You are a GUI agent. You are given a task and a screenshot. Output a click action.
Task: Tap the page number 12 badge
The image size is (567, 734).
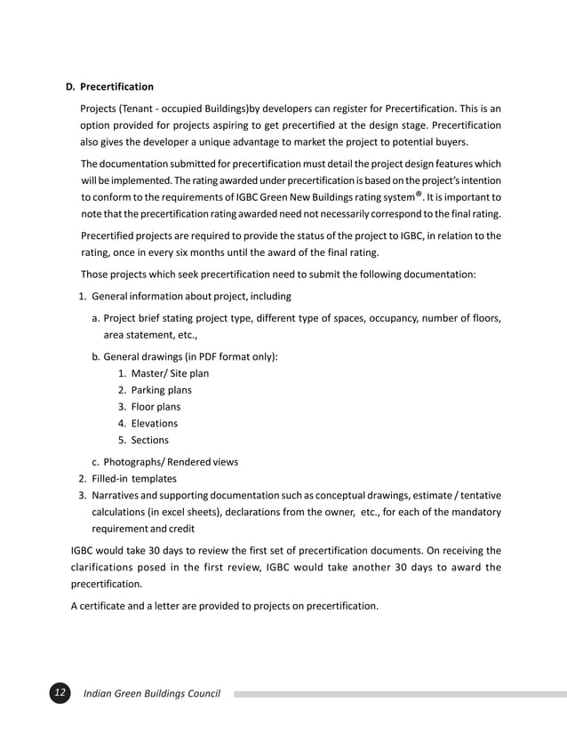pos(60,693)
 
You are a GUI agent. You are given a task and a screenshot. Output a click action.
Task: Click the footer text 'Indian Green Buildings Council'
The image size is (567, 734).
pos(152,693)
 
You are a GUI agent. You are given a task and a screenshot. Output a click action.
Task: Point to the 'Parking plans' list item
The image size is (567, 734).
pos(161,390)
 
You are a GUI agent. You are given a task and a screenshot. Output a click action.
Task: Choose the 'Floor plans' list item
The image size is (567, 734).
pos(156,407)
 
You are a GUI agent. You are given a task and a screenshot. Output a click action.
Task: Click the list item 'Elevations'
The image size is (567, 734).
pos(154,423)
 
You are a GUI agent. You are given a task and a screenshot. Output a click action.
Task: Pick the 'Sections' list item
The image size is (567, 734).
pos(149,440)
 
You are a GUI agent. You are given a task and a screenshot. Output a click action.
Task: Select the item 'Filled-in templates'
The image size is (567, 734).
pos(134,478)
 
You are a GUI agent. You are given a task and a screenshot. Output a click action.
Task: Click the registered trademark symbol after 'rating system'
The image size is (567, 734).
pos(427,194)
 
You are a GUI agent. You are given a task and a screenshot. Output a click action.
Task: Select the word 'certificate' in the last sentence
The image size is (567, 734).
pos(108,607)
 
